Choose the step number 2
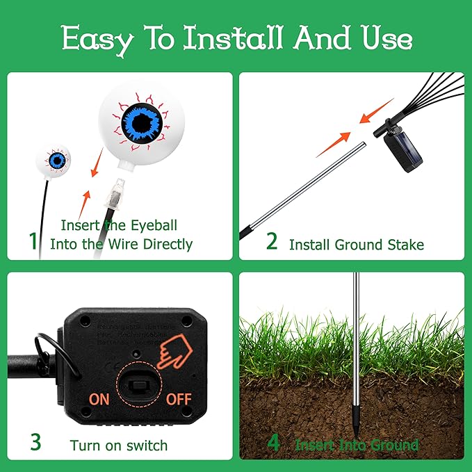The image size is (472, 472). [x=272, y=242]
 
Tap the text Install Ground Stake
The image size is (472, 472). [x=356, y=244]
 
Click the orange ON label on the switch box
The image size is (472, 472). [x=99, y=399]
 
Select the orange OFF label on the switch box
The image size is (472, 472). [x=178, y=399]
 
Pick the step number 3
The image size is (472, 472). [x=35, y=442]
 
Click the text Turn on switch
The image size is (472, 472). [x=119, y=445]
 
